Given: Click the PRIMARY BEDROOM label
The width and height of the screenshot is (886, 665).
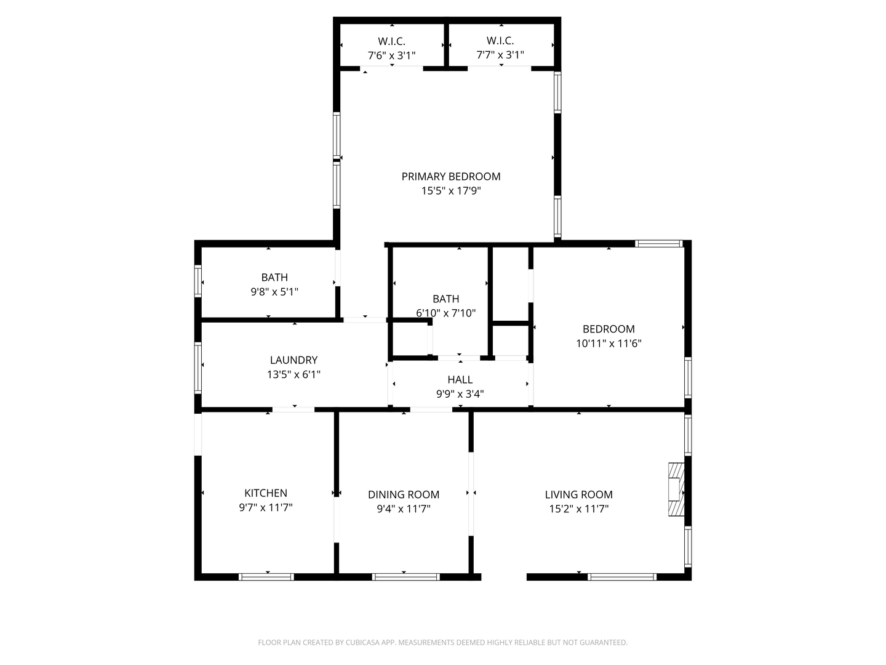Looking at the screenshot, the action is pos(451,177).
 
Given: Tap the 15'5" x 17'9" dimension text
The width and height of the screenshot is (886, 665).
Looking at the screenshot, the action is pos(451,191).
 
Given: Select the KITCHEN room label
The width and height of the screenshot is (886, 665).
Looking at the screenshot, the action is pos(266,493).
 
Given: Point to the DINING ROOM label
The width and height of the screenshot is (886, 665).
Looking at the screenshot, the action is pos(404,494).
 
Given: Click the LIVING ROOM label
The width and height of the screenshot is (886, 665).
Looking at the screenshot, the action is pos(579,494).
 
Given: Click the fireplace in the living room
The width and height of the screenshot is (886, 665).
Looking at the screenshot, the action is pos(677,490).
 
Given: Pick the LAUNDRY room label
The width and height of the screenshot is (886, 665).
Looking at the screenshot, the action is pos(294,360).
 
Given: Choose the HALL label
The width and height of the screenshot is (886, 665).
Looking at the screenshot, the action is pos(460,379).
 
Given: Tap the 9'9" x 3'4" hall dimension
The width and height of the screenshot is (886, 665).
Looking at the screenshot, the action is pos(460,393).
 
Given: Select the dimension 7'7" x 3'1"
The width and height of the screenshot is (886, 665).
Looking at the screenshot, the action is pos(500,55).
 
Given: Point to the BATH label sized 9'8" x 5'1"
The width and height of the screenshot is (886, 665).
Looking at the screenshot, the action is pos(274,277).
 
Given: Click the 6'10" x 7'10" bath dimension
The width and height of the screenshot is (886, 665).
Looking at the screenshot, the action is pos(446,313).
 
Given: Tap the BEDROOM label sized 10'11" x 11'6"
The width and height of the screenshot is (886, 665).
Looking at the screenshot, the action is pos(609,329).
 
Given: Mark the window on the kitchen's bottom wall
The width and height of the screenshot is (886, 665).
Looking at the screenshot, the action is pos(266,577).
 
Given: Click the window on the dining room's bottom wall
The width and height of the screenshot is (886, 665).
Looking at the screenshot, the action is pos(405,577).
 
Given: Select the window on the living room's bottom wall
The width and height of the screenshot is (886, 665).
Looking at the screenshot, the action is pos(622,577).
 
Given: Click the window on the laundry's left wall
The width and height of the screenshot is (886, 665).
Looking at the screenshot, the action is pos(198,368).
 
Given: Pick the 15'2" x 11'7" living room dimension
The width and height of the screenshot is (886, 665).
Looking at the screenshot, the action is pos(579,509).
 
